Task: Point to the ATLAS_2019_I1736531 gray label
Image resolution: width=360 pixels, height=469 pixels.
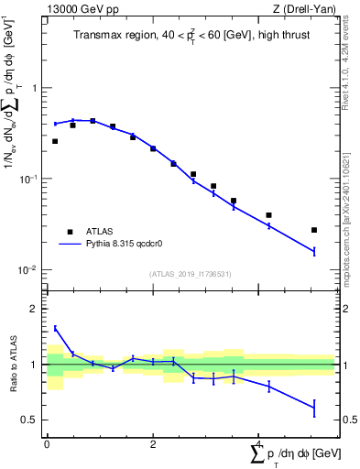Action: click(x=191, y=274)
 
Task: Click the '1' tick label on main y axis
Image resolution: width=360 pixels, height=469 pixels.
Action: click(x=36, y=88)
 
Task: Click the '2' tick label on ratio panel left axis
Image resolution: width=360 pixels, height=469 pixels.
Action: click(x=36, y=309)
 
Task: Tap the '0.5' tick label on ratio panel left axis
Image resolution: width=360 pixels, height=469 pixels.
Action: click(x=30, y=420)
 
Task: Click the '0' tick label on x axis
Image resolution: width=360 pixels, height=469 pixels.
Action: click(x=47, y=443)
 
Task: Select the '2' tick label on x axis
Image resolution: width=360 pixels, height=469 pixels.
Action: click(x=152, y=443)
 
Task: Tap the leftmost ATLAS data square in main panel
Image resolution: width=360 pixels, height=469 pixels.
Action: click(x=55, y=141)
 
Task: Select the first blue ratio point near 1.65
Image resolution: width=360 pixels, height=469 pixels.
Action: click(x=55, y=328)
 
